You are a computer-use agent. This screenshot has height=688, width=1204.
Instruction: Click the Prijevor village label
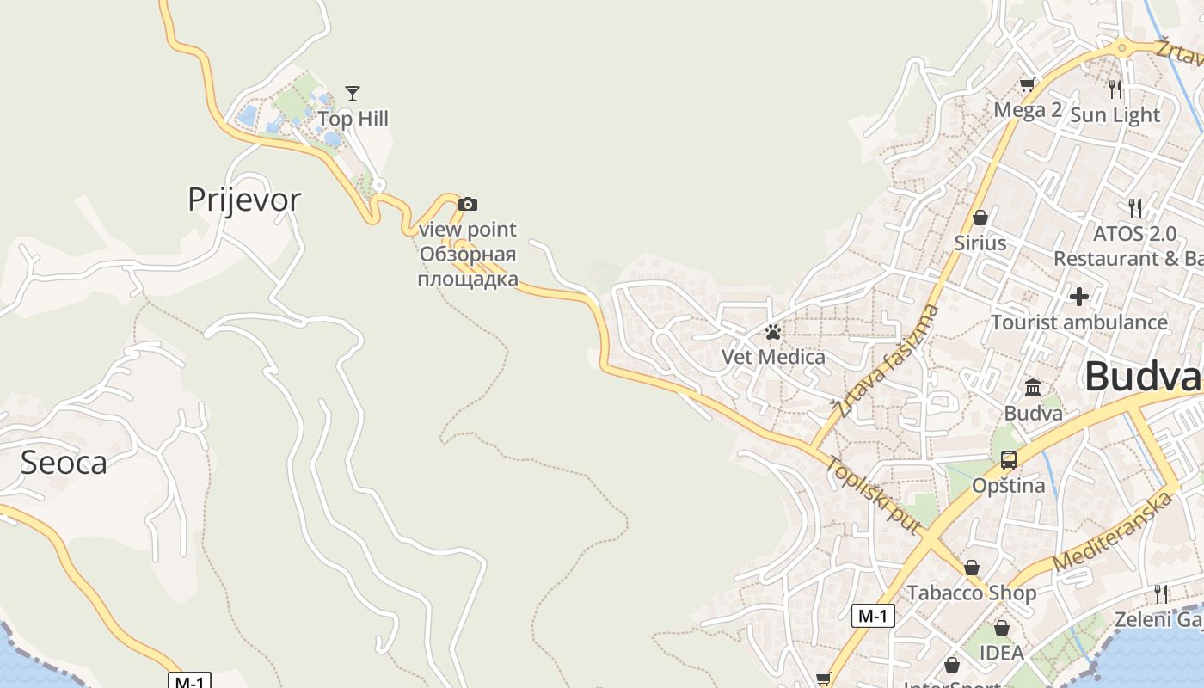[244, 200]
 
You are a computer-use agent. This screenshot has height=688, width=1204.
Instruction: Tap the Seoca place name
[64, 463]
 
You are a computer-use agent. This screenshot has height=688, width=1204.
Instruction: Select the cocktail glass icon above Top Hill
[353, 93]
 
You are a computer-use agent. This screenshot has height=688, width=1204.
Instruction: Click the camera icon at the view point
[468, 204]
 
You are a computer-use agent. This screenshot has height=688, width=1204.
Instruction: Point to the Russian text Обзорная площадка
[468, 267]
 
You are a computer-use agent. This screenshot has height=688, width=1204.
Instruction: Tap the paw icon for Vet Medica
[773, 332]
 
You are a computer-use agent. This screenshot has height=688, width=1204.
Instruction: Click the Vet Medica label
[773, 357]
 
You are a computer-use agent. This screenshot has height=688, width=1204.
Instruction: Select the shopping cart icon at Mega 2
[1027, 84]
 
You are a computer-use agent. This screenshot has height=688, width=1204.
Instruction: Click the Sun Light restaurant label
[1115, 114]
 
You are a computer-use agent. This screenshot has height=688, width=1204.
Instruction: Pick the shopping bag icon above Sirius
[980, 218]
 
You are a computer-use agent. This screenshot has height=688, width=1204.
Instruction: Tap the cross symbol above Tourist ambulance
[1079, 297]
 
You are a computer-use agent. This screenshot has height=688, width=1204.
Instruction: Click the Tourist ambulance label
[1079, 322]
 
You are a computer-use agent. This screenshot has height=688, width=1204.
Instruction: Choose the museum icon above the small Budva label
[1033, 387]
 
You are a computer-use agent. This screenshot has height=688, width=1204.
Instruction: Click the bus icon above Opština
[1009, 459]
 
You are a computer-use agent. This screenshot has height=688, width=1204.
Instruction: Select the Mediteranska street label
[1113, 531]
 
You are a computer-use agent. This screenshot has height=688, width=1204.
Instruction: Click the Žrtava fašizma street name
[887, 362]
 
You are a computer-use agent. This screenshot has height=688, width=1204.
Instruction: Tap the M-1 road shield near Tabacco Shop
[873, 616]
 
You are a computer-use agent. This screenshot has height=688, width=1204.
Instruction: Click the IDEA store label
[1002, 653]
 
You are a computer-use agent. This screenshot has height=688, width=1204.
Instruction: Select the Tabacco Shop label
[972, 593]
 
